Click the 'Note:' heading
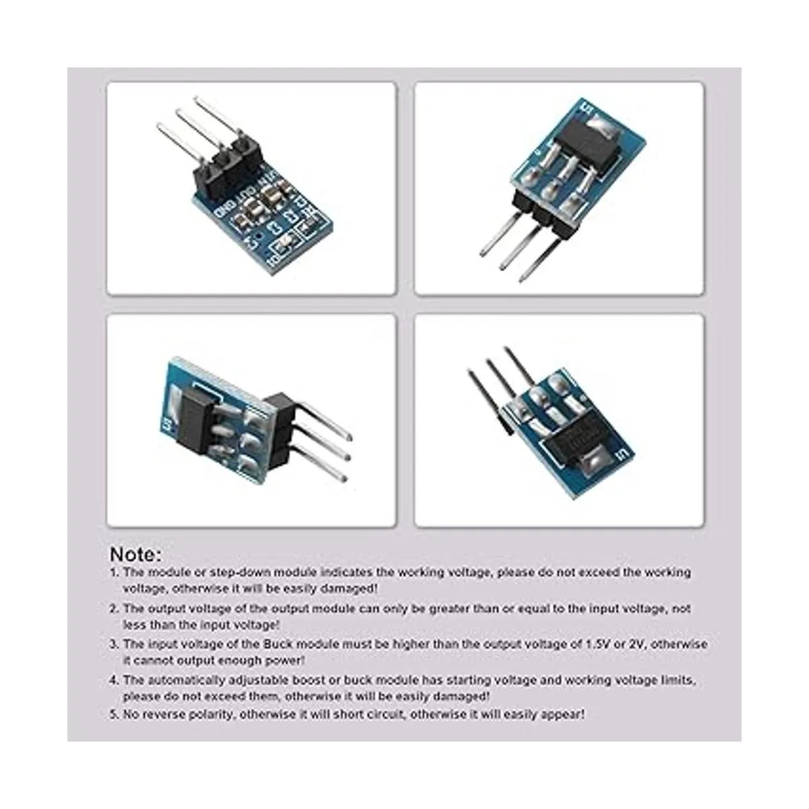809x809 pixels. click(x=136, y=554)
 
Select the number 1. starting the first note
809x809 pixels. click(x=115, y=572)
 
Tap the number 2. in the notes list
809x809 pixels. click(x=115, y=609)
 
